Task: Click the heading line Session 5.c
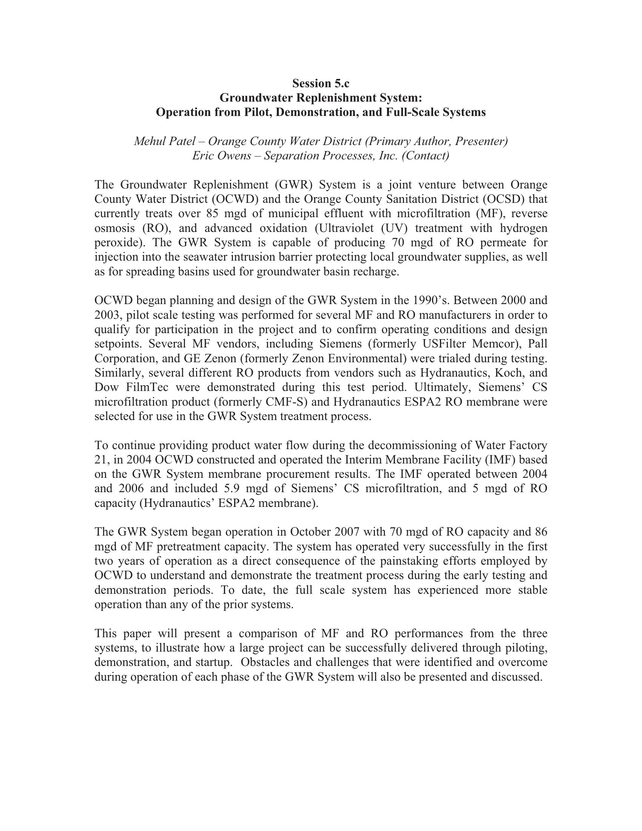click(x=321, y=83)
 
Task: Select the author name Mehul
click(x=150, y=141)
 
